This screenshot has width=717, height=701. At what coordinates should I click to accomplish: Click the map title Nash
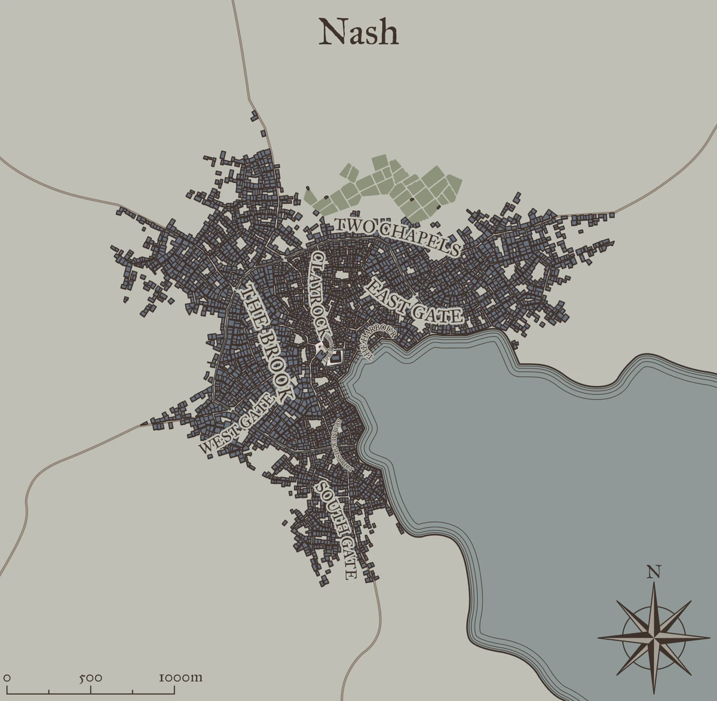[x=358, y=33]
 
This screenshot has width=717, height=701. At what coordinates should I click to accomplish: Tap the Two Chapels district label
[x=397, y=236]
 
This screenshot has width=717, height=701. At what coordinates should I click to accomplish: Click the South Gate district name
[x=338, y=528]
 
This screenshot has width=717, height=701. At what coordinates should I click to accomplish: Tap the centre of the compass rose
[x=655, y=637]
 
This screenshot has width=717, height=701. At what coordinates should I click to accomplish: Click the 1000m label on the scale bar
[x=180, y=678]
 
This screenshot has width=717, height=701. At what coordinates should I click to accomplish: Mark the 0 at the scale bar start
[x=8, y=679]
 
